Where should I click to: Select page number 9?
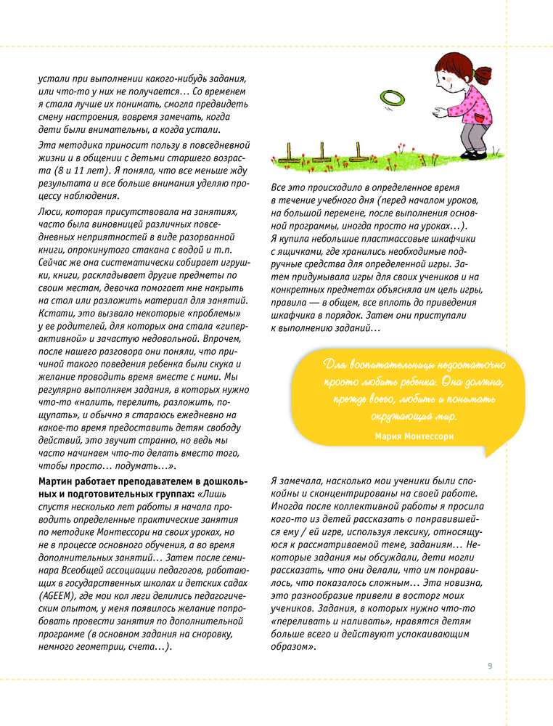pyautogui.click(x=490, y=666)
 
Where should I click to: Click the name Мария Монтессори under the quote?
pyautogui.click(x=415, y=436)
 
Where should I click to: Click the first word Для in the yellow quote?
pyautogui.click(x=336, y=363)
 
